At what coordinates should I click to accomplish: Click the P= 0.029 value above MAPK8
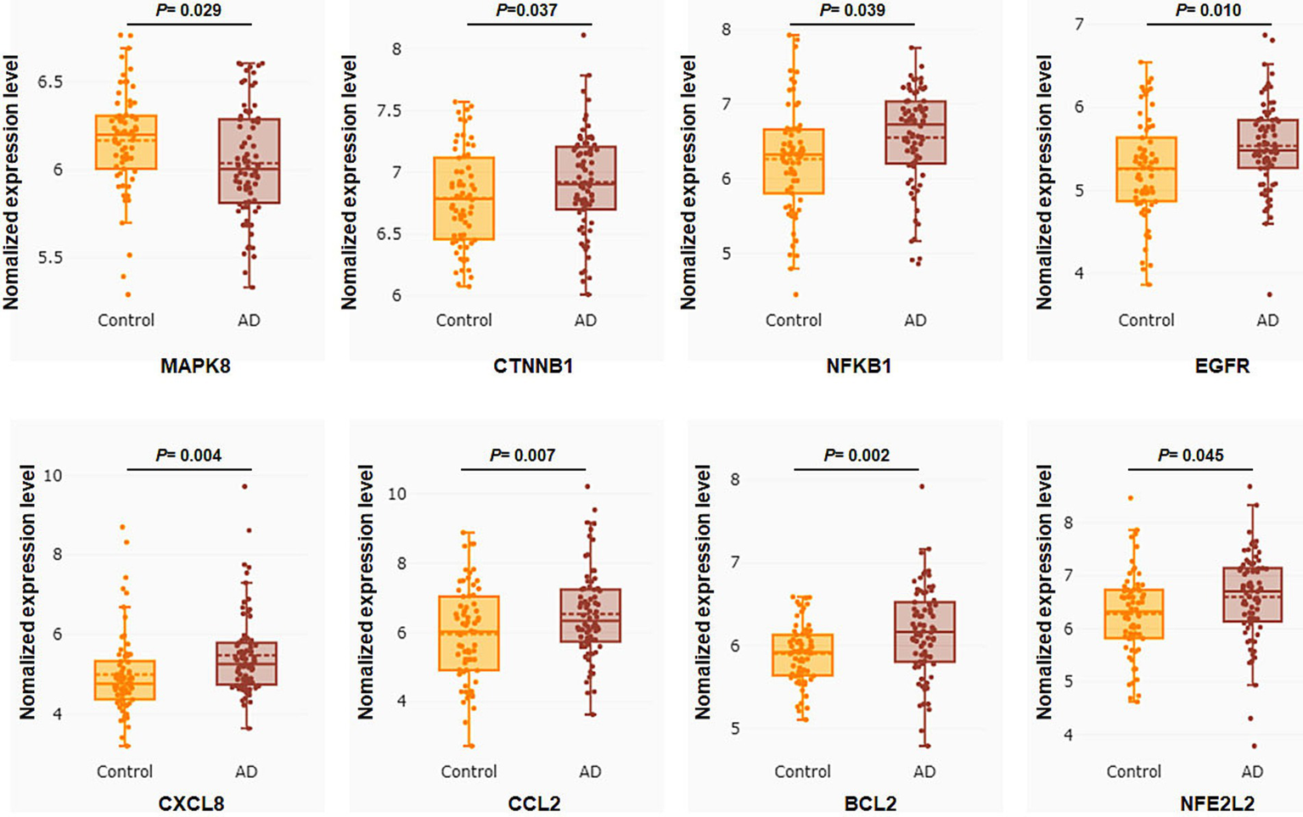[188, 10]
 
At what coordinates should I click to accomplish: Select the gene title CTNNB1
[533, 367]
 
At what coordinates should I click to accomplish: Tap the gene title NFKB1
[858, 367]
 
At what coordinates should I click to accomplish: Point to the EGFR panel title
[1222, 367]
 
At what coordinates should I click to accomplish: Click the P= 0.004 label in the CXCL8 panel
[188, 456]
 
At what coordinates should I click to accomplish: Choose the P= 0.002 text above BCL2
[856, 456]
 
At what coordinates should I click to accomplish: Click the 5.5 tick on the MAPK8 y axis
[49, 258]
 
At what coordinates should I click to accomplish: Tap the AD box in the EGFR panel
[1267, 144]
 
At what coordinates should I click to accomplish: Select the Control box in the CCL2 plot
[469, 633]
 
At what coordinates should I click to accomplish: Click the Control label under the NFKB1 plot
[793, 321]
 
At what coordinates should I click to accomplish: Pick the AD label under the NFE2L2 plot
[1252, 772]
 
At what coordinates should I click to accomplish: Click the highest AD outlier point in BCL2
[922, 487]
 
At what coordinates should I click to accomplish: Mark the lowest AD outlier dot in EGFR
[1270, 294]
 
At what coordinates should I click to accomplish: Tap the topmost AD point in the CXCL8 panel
[244, 487]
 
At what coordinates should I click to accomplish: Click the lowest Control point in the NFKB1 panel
[795, 294]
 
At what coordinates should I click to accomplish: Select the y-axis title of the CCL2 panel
[366, 591]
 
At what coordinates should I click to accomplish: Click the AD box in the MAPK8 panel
[249, 161]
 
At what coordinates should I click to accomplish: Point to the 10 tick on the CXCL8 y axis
[53, 476]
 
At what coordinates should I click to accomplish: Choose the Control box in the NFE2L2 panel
[1133, 613]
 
